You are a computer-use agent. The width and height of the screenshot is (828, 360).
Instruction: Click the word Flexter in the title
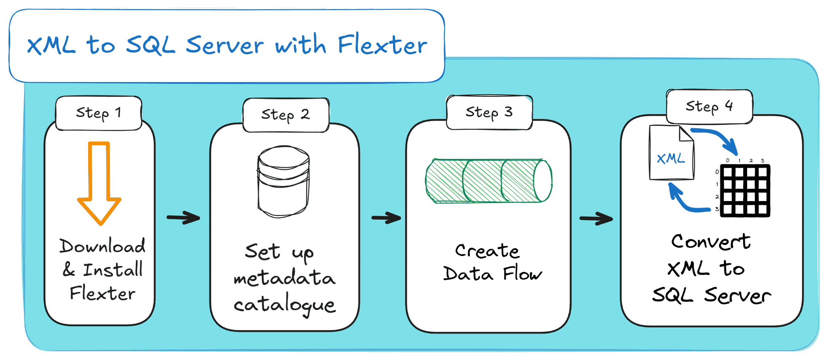[382, 45]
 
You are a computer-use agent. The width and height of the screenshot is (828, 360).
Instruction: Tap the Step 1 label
[99, 113]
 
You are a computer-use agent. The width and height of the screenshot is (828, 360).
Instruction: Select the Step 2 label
[285, 115]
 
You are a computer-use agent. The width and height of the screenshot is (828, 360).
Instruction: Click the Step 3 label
[489, 112]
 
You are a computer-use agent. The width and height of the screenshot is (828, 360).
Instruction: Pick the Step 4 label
[709, 106]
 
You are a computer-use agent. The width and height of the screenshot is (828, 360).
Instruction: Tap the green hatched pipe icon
[488, 181]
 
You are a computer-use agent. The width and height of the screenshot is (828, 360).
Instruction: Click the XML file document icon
[671, 154]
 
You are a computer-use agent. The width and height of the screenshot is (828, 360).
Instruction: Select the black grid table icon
[745, 190]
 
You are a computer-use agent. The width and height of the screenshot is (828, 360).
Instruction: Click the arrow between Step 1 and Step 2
[183, 218]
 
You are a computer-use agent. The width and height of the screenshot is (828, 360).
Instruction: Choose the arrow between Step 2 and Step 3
[386, 218]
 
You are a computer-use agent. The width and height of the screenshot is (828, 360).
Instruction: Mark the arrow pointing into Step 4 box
[596, 219]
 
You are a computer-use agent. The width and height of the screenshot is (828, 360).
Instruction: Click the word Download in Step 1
[102, 246]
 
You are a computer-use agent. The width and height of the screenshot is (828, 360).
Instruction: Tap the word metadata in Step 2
[285, 278]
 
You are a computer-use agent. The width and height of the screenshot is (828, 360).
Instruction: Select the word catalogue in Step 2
[285, 305]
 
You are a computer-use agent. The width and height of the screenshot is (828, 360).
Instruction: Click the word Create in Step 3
[487, 251]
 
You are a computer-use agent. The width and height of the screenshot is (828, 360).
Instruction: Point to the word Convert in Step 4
[711, 241]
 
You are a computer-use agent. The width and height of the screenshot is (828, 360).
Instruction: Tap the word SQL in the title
[150, 45]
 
